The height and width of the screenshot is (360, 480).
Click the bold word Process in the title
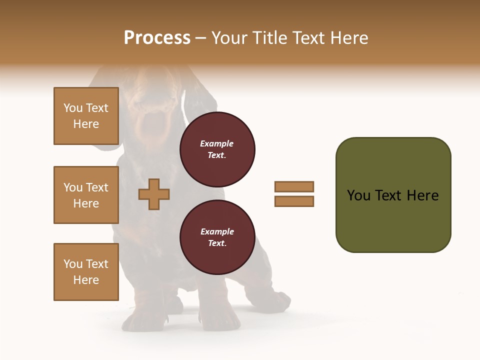coord(157,38)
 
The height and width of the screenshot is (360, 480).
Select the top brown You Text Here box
coord(86,116)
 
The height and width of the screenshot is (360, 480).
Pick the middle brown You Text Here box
coord(86,195)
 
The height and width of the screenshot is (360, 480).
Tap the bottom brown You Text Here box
coord(86,272)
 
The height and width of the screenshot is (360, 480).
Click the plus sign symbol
coord(154,193)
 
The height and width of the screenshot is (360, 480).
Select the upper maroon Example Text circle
coord(217,149)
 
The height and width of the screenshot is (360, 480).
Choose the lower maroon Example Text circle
coord(217,237)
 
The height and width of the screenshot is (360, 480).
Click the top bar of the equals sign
coord(294,186)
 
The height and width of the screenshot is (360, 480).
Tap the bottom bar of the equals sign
coord(294,201)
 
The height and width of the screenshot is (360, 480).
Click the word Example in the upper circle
coord(217,143)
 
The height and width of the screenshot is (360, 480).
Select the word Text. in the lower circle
coord(217,243)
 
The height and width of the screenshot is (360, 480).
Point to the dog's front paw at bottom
coord(145,320)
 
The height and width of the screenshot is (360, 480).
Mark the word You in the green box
coord(358,195)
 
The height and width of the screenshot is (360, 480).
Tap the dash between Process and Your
coord(200,38)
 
